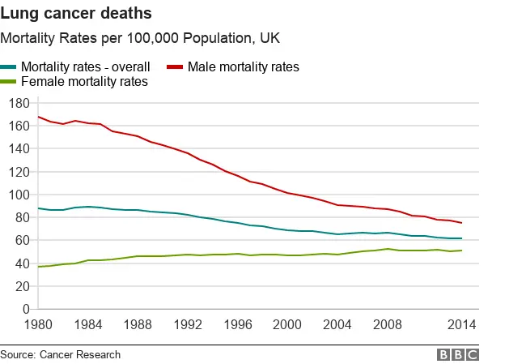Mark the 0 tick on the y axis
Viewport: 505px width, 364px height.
[x=26, y=309]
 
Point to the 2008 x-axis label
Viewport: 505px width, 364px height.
[x=388, y=325]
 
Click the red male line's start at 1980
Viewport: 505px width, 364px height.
[x=38, y=117]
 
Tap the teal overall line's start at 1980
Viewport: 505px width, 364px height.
[x=38, y=208]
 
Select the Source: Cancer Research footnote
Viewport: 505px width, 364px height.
[x=61, y=354]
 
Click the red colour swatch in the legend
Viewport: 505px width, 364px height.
[x=174, y=66]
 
